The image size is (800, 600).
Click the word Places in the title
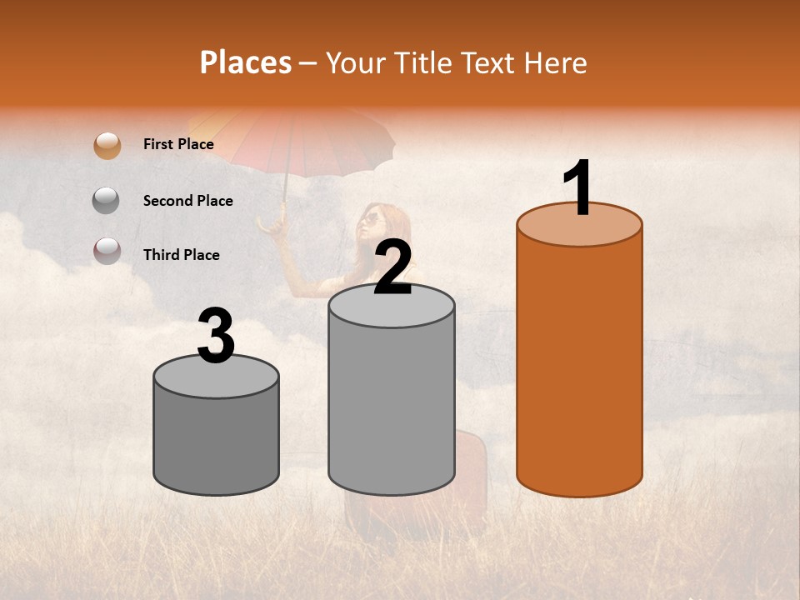(x=245, y=62)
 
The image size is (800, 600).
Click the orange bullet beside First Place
(x=107, y=145)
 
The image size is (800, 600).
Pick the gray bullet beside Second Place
(x=107, y=200)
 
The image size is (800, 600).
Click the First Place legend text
(x=178, y=144)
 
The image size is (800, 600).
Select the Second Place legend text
(x=187, y=201)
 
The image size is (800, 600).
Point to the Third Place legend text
(x=181, y=255)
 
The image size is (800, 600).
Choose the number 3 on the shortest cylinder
(x=217, y=336)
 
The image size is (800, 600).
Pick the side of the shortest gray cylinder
(x=217, y=442)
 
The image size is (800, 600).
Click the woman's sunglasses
(x=369, y=220)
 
